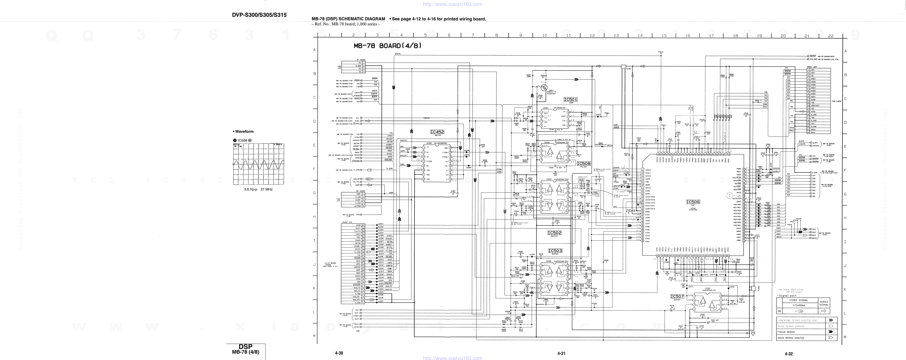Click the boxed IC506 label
click(693, 202)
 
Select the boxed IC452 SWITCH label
click(437, 132)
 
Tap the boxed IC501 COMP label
click(571, 99)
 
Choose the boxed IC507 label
click(677, 296)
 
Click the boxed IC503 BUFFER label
click(555, 251)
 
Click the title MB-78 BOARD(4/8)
click(387, 46)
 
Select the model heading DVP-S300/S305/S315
click(259, 15)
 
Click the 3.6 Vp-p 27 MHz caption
click(258, 189)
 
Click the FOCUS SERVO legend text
click(786, 332)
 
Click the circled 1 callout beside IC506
click(729, 196)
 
